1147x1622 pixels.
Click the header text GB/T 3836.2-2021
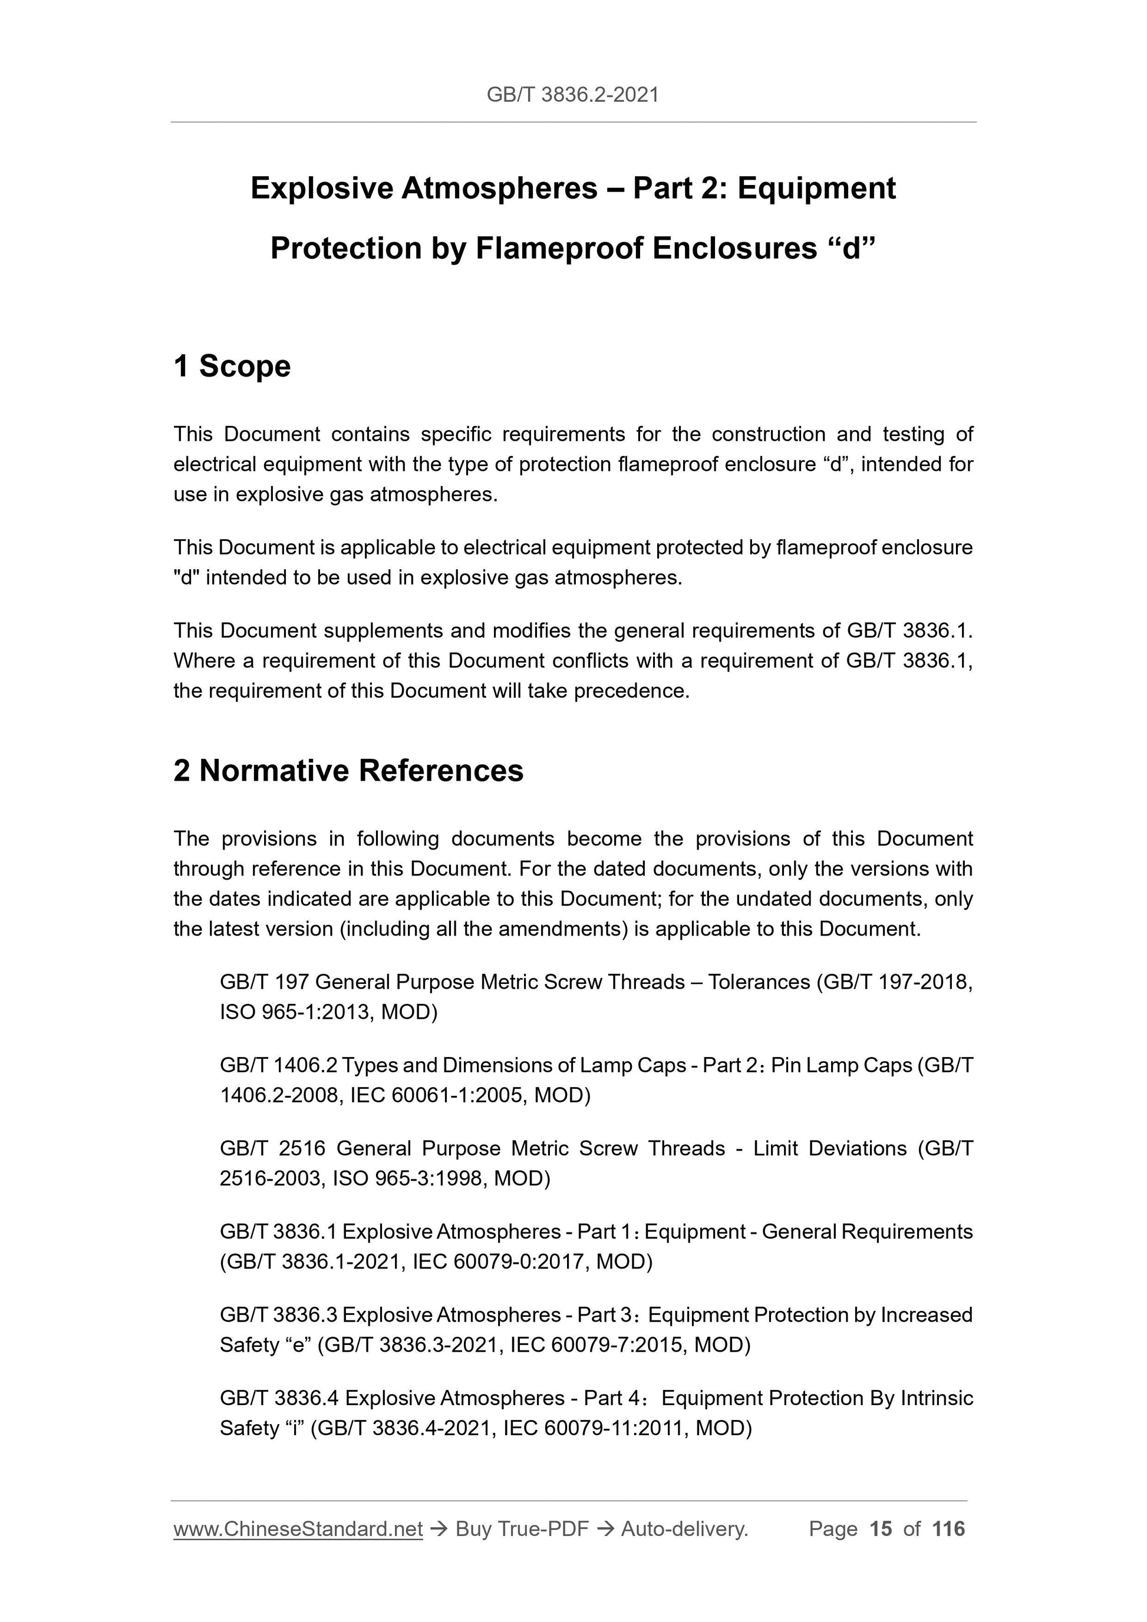pyautogui.click(x=572, y=95)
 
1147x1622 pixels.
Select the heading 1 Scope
pyautogui.click(x=232, y=366)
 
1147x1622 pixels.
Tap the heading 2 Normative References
pyautogui.click(x=348, y=770)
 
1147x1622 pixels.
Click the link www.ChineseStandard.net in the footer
pyautogui.click(x=298, y=1529)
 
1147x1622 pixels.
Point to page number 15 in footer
pyautogui.click(x=881, y=1529)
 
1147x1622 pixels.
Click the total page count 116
pyautogui.click(x=948, y=1529)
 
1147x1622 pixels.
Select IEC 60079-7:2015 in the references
pyautogui.click(x=596, y=1345)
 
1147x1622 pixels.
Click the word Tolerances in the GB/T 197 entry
pyautogui.click(x=759, y=982)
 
